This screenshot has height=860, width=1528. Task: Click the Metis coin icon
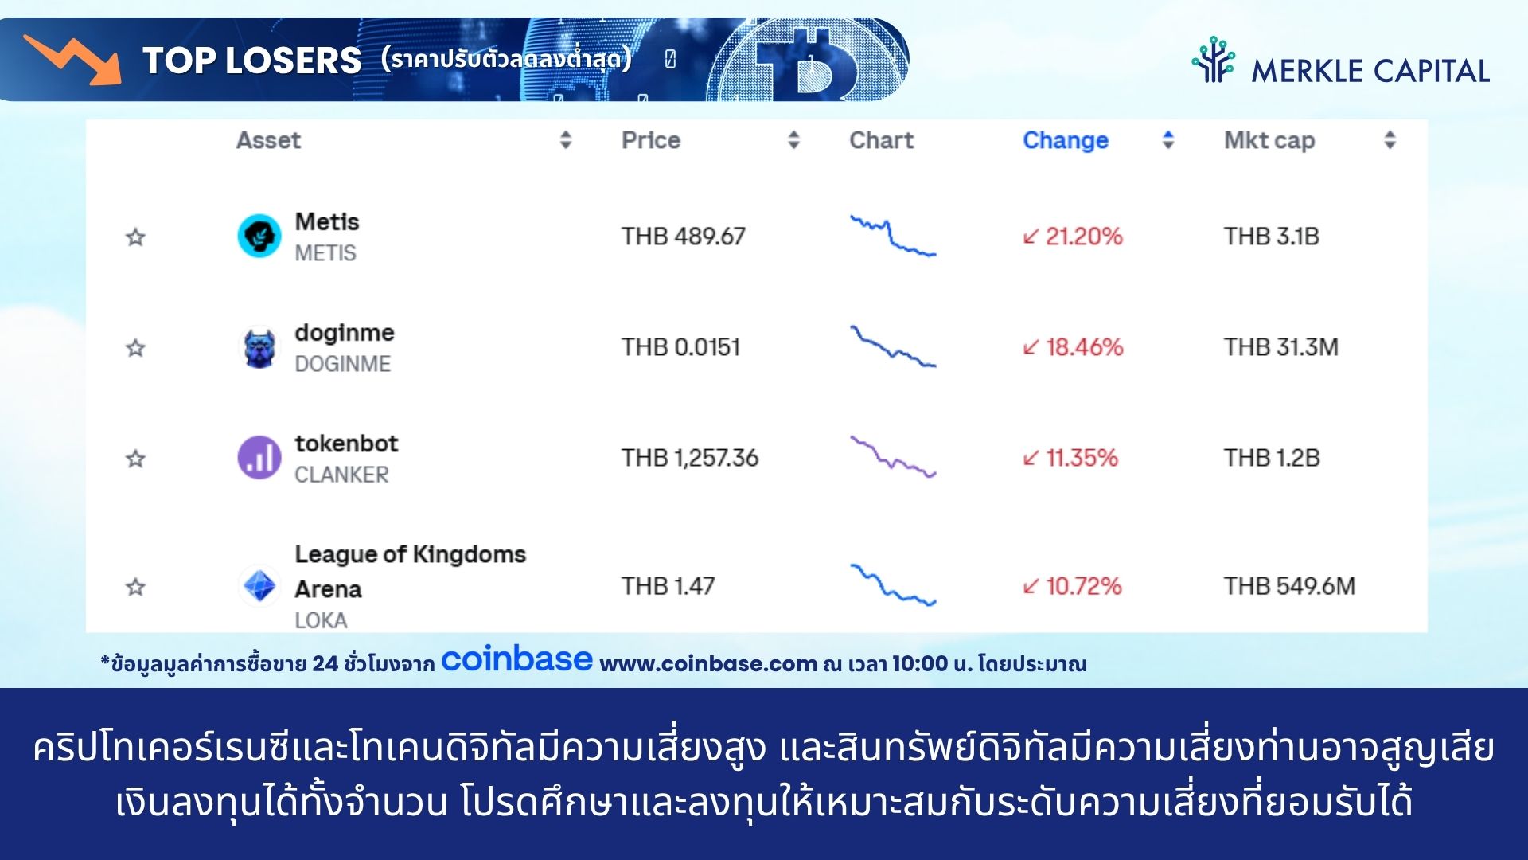coord(259,236)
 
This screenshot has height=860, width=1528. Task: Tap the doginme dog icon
coord(259,348)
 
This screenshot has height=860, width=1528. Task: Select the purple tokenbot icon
coord(259,458)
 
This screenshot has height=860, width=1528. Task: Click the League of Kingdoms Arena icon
coord(259,587)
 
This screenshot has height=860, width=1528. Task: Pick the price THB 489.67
coord(683,236)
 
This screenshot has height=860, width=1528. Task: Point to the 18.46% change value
coord(1073,347)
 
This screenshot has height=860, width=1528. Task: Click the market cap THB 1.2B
coord(1272,458)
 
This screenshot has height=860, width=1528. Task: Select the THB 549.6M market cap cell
coord(1289,586)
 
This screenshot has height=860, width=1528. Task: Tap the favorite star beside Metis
coord(135,236)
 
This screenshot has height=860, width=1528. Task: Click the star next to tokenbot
coord(135,459)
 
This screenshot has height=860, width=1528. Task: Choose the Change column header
coord(1066,140)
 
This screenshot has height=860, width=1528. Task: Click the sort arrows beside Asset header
coord(566,140)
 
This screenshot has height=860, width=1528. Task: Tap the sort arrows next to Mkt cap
coord(1390,140)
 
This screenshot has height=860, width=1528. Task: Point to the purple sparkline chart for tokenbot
coord(893,457)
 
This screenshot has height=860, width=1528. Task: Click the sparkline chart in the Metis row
coord(893,236)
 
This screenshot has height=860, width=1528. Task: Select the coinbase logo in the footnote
coord(516,659)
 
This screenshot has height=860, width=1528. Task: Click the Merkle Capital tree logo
coord(1213,60)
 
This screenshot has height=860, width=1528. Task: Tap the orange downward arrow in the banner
coord(73,59)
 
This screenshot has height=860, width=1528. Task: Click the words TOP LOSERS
coord(251,61)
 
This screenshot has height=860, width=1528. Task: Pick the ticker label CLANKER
coord(341,475)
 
